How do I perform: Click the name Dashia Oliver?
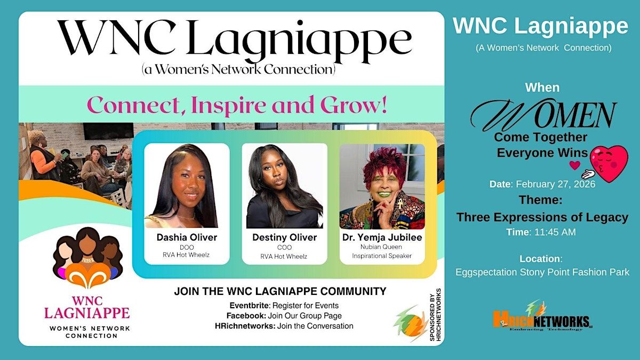[x=187, y=237]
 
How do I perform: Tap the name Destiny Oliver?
[x=285, y=237]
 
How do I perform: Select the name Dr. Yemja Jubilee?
[x=382, y=237]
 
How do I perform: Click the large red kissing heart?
[x=609, y=163]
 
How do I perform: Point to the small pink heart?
[x=575, y=165]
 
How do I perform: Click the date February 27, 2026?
[x=555, y=184]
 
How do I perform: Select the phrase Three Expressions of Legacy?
[x=542, y=217]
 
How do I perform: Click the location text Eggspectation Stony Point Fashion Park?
[x=542, y=272]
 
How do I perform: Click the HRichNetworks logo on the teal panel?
[x=542, y=317]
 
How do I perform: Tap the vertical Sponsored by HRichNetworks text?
[x=435, y=315]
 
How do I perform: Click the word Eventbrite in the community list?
[x=249, y=306]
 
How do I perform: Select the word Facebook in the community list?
[x=245, y=316]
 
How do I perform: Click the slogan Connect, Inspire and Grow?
[x=237, y=105]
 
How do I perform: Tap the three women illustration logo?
[x=87, y=257]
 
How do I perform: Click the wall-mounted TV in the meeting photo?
[x=108, y=131]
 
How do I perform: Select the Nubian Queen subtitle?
[x=381, y=246]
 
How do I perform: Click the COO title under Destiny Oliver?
[x=284, y=247]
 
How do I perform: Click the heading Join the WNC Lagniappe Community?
[x=280, y=291]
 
